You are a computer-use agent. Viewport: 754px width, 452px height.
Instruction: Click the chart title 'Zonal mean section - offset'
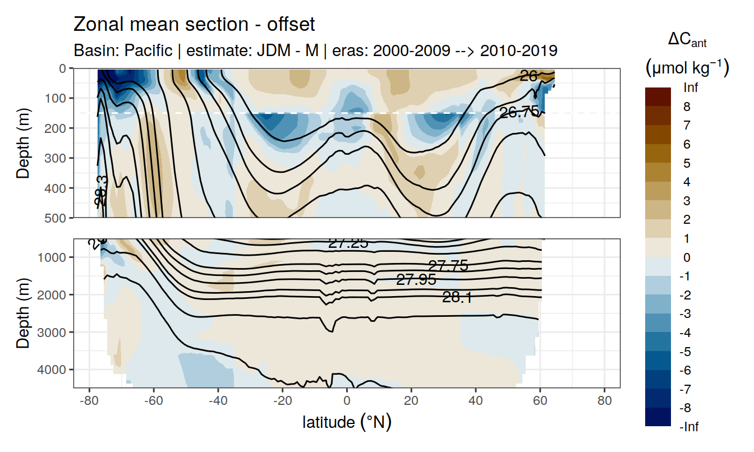(194, 25)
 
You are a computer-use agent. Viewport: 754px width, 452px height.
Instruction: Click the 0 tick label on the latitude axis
(347, 401)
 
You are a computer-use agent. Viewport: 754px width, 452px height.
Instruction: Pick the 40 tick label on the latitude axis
(476, 401)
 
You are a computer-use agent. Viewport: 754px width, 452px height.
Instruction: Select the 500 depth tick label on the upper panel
(56, 218)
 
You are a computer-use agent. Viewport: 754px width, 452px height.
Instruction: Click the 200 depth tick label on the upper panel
(56, 128)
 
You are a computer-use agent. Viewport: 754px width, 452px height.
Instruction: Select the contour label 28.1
(457, 298)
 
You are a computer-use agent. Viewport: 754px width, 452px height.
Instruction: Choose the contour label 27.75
(448, 266)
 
